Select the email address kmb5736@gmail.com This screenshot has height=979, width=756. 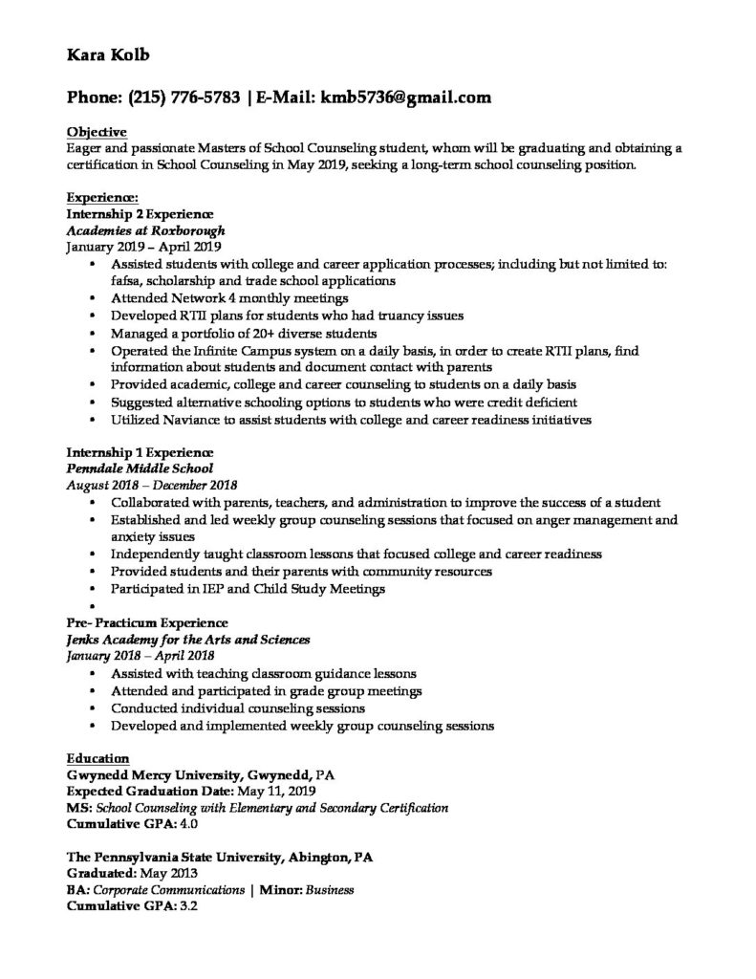click(405, 97)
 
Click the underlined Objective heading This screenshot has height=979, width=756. click(97, 131)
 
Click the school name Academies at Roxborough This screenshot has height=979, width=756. click(143, 230)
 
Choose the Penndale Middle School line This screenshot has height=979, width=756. click(140, 468)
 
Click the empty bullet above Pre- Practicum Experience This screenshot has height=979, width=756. click(91, 606)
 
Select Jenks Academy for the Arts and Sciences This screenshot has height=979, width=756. click(187, 640)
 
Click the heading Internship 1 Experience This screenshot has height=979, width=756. click(139, 452)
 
